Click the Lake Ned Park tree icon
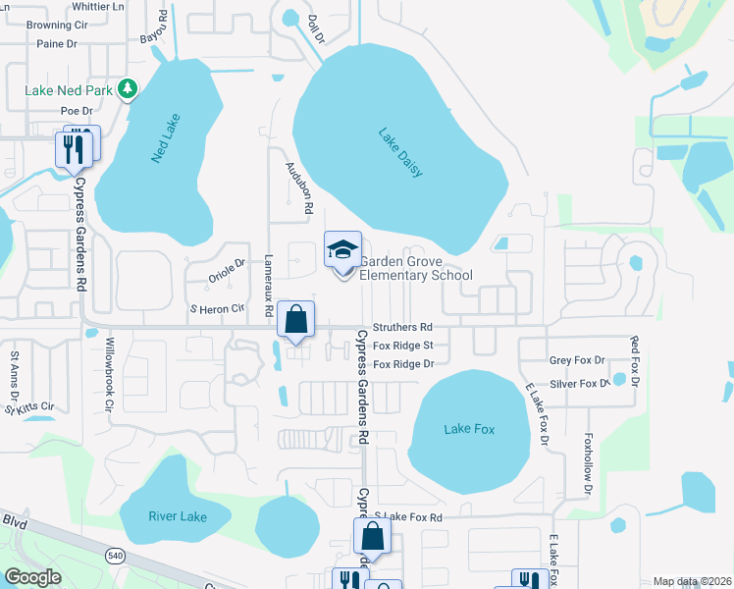[127, 89]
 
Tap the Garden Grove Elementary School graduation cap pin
[342, 250]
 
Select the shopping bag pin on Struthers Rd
[295, 319]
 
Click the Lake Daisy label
[400, 153]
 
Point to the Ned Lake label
[167, 138]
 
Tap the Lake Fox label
[469, 429]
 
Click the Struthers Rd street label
[402, 327]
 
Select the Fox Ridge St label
[402, 346]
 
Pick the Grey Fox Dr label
[577, 361]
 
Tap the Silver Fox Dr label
[579, 384]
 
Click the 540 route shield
[116, 557]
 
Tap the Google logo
[32, 577]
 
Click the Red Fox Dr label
[635, 360]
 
